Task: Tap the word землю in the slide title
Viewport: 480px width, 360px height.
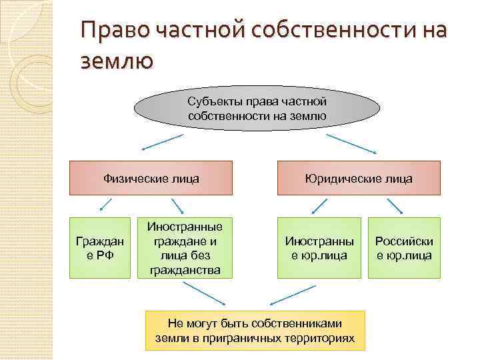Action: click(117, 61)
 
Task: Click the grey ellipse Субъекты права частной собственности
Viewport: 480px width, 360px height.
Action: click(257, 108)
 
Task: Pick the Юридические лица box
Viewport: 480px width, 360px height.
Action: click(359, 179)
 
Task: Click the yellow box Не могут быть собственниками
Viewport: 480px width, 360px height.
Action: click(256, 331)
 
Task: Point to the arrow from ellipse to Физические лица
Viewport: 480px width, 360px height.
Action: click(162, 143)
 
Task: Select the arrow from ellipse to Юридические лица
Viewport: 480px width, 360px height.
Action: click(353, 143)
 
